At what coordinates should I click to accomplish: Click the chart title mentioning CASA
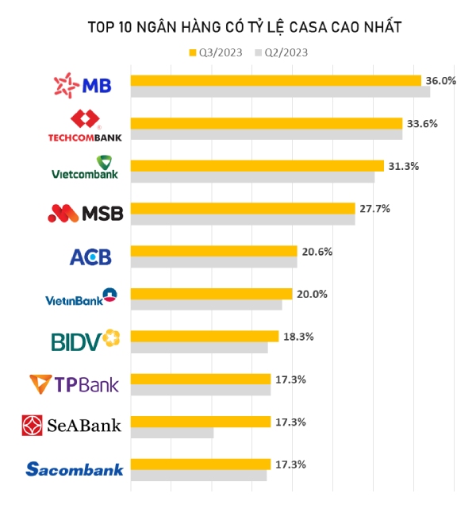click(x=244, y=27)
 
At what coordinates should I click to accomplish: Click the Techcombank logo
click(x=86, y=127)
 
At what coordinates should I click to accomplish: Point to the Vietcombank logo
click(x=85, y=169)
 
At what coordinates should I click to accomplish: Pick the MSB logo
click(x=86, y=213)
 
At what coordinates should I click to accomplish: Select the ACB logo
click(x=90, y=256)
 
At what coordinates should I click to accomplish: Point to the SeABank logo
click(x=72, y=426)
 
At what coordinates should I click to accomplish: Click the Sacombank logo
click(x=75, y=469)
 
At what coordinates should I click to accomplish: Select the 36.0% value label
click(x=441, y=80)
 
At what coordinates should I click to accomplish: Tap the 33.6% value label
click(x=422, y=123)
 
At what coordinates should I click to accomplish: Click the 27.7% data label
click(x=374, y=208)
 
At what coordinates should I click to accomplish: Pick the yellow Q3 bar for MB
click(x=275, y=80)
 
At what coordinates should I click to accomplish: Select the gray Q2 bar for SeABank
click(x=172, y=433)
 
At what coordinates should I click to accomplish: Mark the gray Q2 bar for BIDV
click(x=199, y=348)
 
